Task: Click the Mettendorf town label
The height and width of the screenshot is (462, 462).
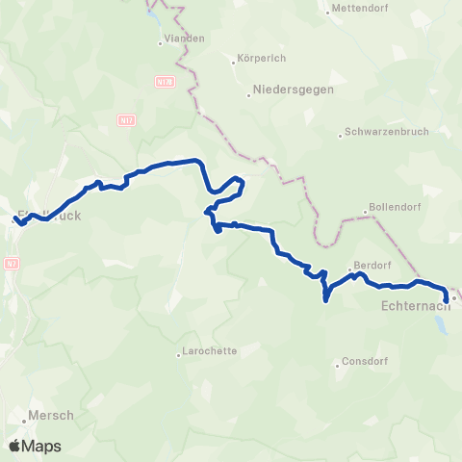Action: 359,12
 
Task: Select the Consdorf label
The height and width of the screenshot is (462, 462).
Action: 366,363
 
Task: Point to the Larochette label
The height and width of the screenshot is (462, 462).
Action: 210,352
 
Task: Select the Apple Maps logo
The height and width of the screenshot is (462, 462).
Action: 35,447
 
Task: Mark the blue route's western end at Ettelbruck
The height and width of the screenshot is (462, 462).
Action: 15,220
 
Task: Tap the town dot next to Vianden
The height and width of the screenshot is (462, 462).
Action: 161,42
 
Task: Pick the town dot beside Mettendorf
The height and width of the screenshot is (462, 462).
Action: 329,12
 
